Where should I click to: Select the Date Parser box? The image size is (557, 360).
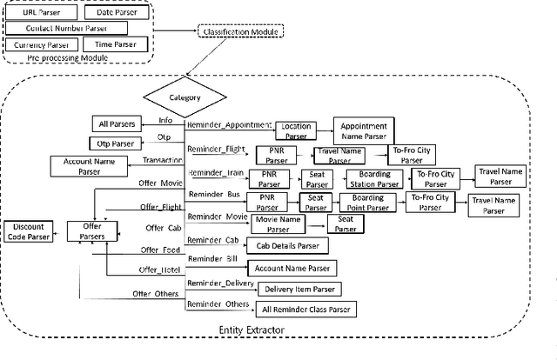click(114, 13)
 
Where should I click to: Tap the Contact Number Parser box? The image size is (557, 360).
click(72, 28)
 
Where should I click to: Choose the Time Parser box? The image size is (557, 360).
click(114, 43)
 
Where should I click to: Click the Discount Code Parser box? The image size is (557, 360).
click(29, 230)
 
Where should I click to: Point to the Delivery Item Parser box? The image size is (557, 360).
click(296, 289)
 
